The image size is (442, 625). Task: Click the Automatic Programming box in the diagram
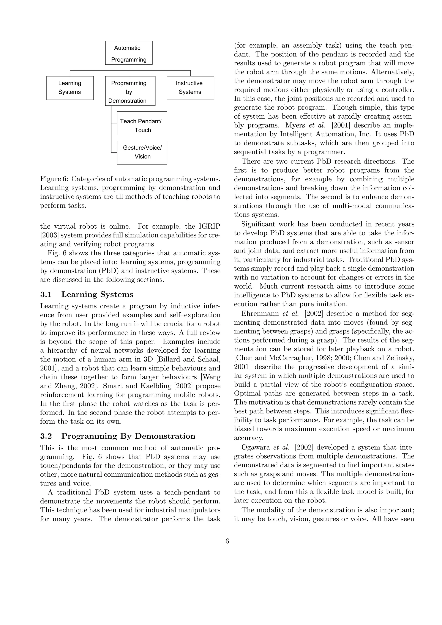point(129,53)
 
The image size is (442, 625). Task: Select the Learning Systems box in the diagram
point(70,88)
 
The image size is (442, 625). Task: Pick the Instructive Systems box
point(190,88)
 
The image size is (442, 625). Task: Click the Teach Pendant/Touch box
point(142,123)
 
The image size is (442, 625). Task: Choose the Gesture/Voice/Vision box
point(142,152)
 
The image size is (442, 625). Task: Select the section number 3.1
point(46,295)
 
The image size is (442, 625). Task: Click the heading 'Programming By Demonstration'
point(128,436)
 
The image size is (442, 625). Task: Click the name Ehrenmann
point(258,314)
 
